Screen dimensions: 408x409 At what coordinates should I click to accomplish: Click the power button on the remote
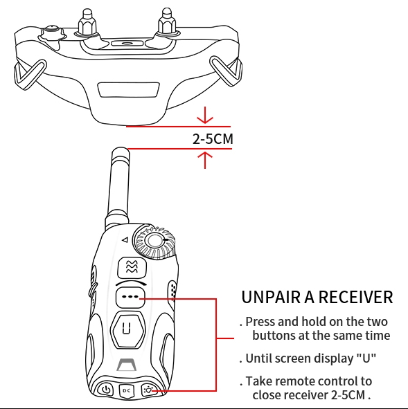pyautogui.click(x=105, y=390)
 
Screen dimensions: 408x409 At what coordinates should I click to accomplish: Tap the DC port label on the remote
pyautogui.click(x=127, y=390)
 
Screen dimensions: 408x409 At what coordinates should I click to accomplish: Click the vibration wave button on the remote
pyautogui.click(x=132, y=268)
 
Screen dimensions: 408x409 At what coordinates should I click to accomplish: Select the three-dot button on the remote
pyautogui.click(x=130, y=297)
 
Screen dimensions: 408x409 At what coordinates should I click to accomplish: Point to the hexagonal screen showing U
pyautogui.click(x=127, y=329)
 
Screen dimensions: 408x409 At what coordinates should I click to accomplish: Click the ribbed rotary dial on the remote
pyautogui.click(x=154, y=242)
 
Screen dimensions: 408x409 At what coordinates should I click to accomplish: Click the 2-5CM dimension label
pyautogui.click(x=213, y=139)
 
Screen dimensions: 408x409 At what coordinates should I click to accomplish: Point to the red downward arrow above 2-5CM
pyautogui.click(x=205, y=115)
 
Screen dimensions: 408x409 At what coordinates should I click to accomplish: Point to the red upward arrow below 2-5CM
pyautogui.click(x=205, y=160)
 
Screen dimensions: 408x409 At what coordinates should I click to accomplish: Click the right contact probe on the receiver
pyautogui.click(x=166, y=21)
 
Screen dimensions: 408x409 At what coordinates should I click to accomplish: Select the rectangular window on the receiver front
pyautogui.click(x=128, y=89)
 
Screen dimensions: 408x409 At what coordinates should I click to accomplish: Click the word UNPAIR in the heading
pyautogui.click(x=271, y=297)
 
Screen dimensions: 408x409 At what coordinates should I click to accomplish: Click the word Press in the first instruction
pyautogui.click(x=260, y=322)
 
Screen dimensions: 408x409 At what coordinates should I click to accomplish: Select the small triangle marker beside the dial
pyautogui.click(x=125, y=239)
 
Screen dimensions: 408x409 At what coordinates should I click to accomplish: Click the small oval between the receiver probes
pyautogui.click(x=127, y=43)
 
